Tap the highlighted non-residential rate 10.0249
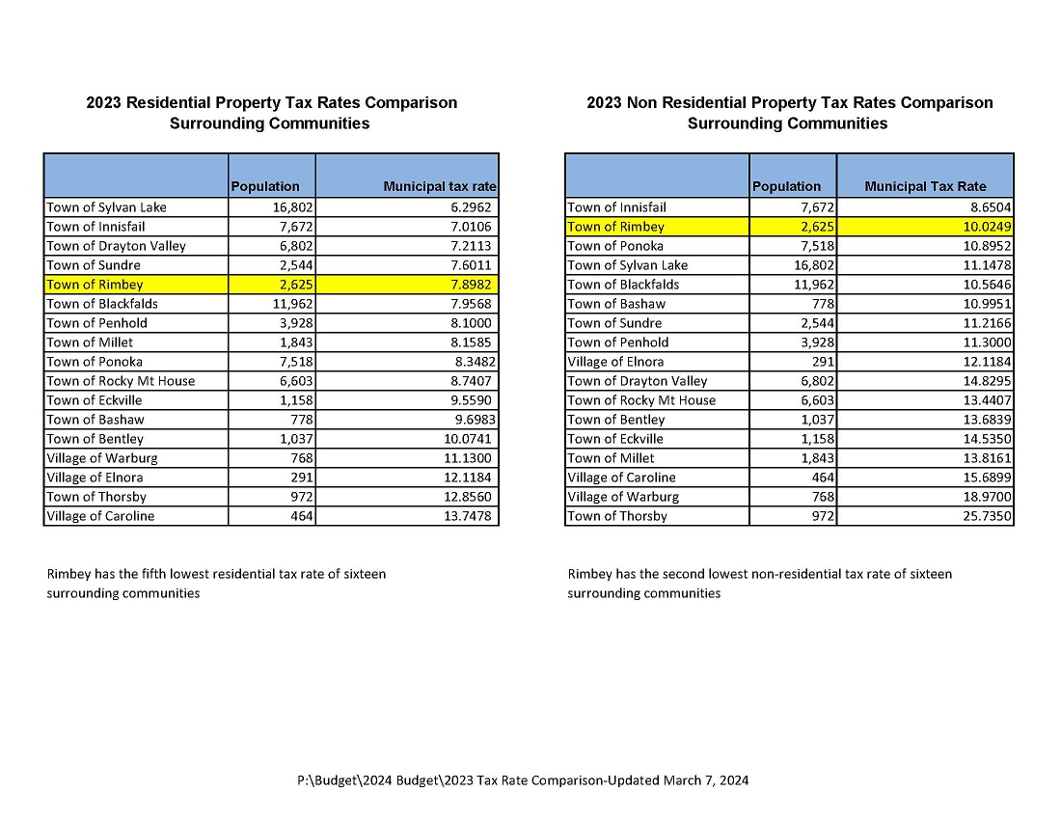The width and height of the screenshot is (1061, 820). (984, 227)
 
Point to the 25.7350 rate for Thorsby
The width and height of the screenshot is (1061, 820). (984, 516)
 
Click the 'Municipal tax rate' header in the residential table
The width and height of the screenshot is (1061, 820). (440, 186)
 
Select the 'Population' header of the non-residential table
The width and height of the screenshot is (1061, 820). (786, 186)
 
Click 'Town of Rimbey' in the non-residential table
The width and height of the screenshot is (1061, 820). (615, 227)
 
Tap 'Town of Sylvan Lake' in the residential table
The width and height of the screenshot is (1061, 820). (106, 207)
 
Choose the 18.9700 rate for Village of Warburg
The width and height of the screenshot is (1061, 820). (984, 497)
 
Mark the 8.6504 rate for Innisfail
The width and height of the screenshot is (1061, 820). (987, 207)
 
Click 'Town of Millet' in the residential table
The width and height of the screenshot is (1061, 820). (90, 342)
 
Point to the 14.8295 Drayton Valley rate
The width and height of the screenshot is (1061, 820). (984, 381)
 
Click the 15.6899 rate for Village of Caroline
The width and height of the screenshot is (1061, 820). (984, 478)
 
